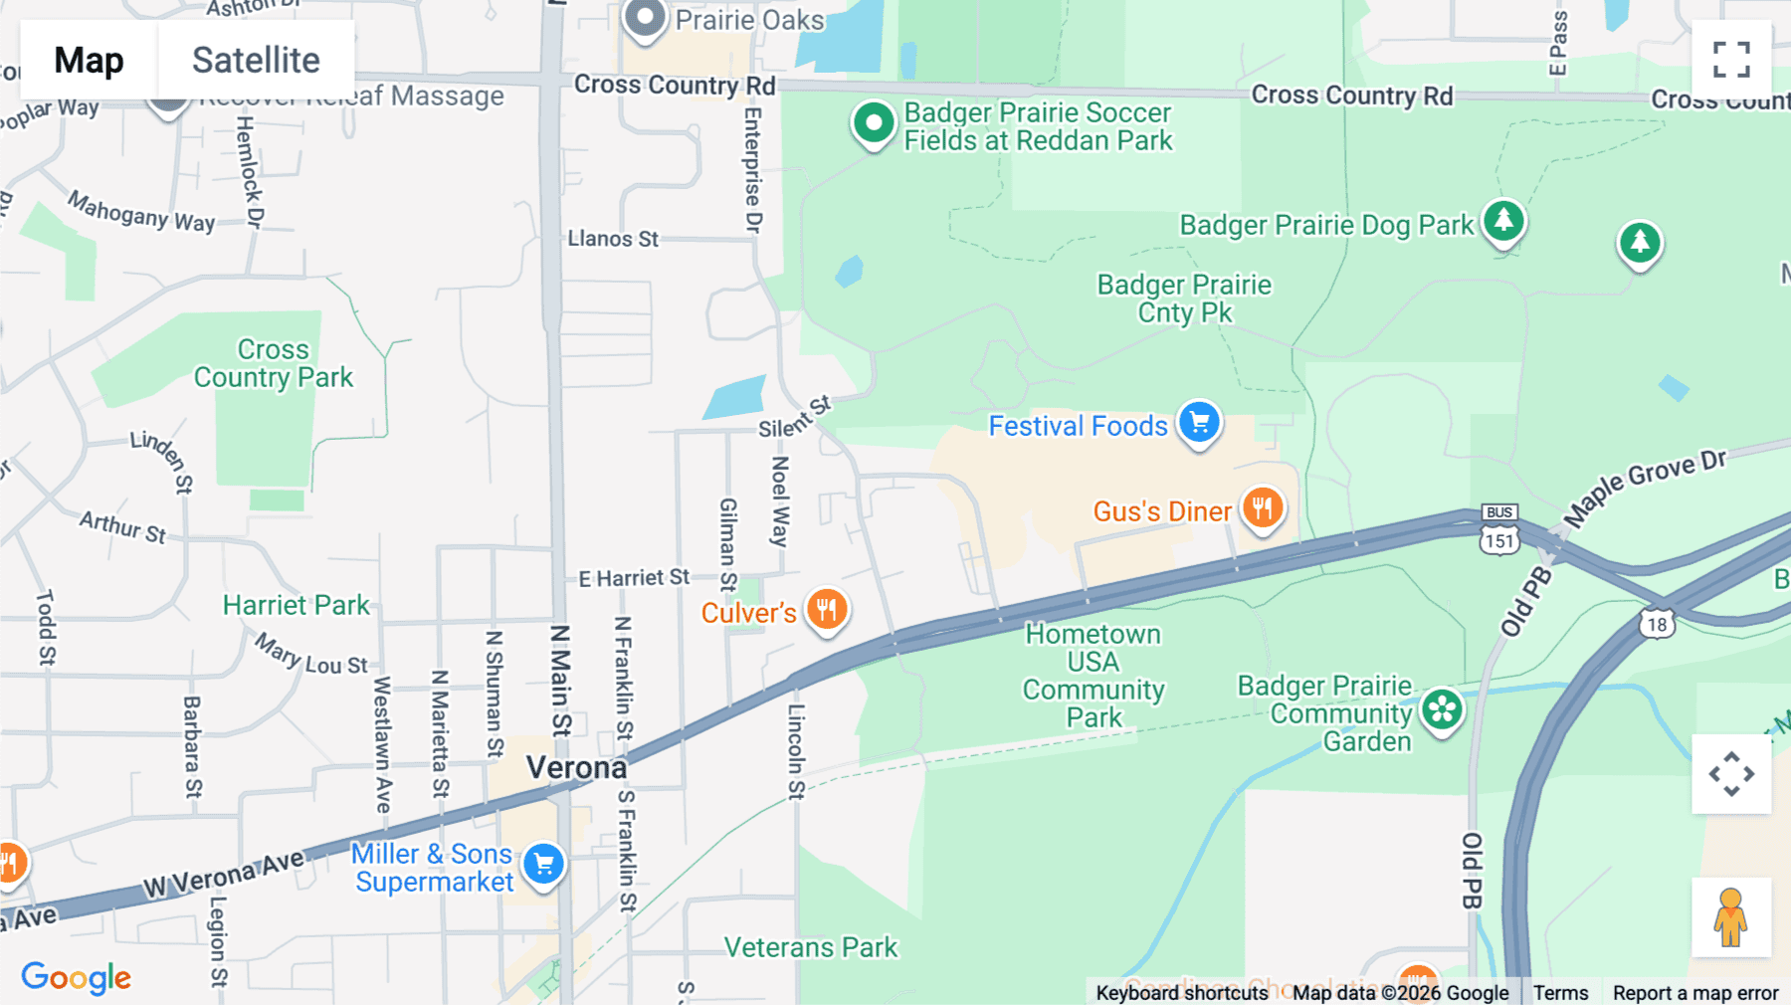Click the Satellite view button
[256, 60]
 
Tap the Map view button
[90, 60]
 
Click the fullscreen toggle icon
[1731, 60]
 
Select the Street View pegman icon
[1731, 916]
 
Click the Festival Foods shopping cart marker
[1199, 423]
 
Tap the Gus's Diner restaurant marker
[1263, 508]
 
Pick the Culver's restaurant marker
[827, 609]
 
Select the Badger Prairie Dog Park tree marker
[1503, 221]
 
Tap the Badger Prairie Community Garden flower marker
[1442, 710]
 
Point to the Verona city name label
[576, 767]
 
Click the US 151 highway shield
[1499, 540]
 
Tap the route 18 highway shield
[1657, 625]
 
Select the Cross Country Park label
[274, 363]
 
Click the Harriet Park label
[296, 605]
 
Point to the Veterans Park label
[810, 947]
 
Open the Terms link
[1560, 992]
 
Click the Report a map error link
[1695, 992]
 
